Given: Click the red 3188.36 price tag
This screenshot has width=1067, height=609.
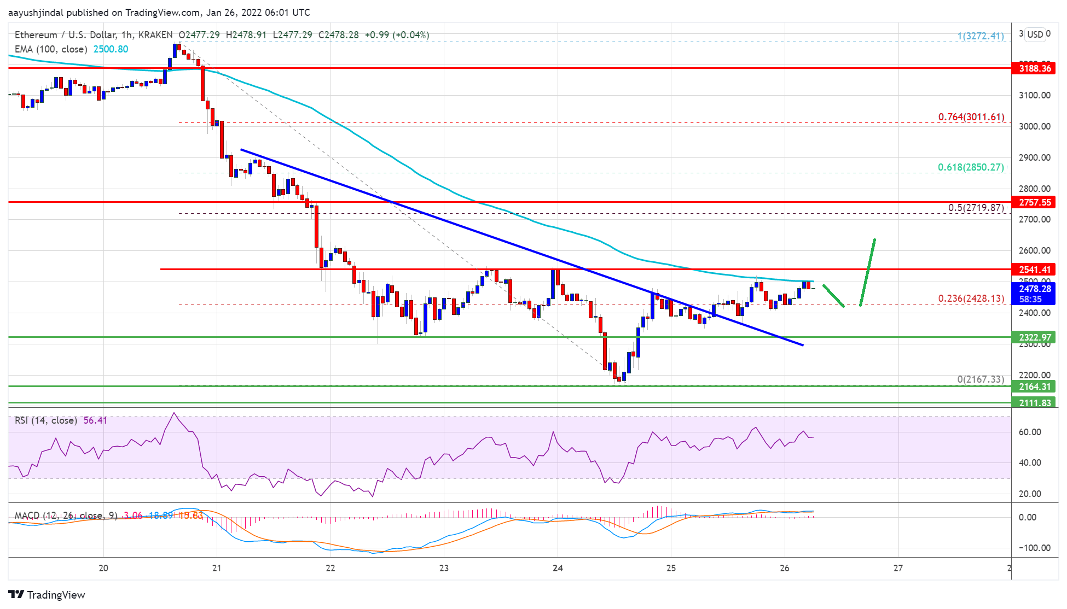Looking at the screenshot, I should tap(1034, 68).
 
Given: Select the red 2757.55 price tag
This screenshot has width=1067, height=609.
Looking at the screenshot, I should tap(1034, 202).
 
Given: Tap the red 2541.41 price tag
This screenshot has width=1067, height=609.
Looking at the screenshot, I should tap(1034, 270).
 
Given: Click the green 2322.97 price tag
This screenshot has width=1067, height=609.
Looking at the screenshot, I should tap(1034, 337).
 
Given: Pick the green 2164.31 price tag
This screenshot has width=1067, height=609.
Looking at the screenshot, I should tap(1034, 387).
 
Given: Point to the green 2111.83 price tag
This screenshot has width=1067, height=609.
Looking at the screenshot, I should tap(1034, 403).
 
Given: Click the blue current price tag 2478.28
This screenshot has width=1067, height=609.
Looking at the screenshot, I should tap(1034, 289).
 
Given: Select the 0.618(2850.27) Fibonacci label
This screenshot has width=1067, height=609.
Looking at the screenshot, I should tap(971, 167).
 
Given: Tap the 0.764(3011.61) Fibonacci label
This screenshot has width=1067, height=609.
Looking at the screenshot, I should tap(971, 117).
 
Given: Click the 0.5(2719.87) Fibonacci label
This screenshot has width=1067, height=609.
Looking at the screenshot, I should tap(976, 208).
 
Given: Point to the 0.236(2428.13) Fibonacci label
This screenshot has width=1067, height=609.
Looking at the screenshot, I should tap(971, 298).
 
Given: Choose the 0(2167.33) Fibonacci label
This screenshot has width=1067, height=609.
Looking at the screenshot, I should tap(980, 379).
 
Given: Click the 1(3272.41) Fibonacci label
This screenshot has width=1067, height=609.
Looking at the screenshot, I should tap(980, 36).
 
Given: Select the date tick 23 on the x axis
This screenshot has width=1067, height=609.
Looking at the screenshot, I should tap(444, 568).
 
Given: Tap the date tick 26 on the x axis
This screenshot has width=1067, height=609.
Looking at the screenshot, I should tap(784, 568).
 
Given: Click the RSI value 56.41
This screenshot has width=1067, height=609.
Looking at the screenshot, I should tap(95, 420).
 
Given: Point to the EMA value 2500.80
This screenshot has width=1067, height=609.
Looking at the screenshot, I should tap(111, 49).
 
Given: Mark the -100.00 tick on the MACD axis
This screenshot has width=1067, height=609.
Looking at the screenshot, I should tap(1034, 548).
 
